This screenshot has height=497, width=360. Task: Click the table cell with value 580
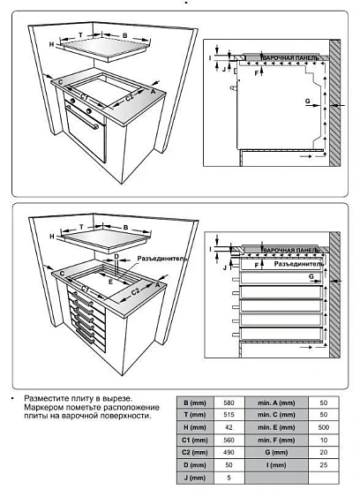tap(229, 402)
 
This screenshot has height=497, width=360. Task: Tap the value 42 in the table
tap(229, 427)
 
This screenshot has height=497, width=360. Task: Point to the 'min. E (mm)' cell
tap(275, 427)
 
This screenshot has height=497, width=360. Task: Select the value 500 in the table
tap(323, 427)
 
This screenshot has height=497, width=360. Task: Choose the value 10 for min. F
tap(323, 440)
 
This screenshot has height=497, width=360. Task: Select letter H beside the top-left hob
tap(52, 43)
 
